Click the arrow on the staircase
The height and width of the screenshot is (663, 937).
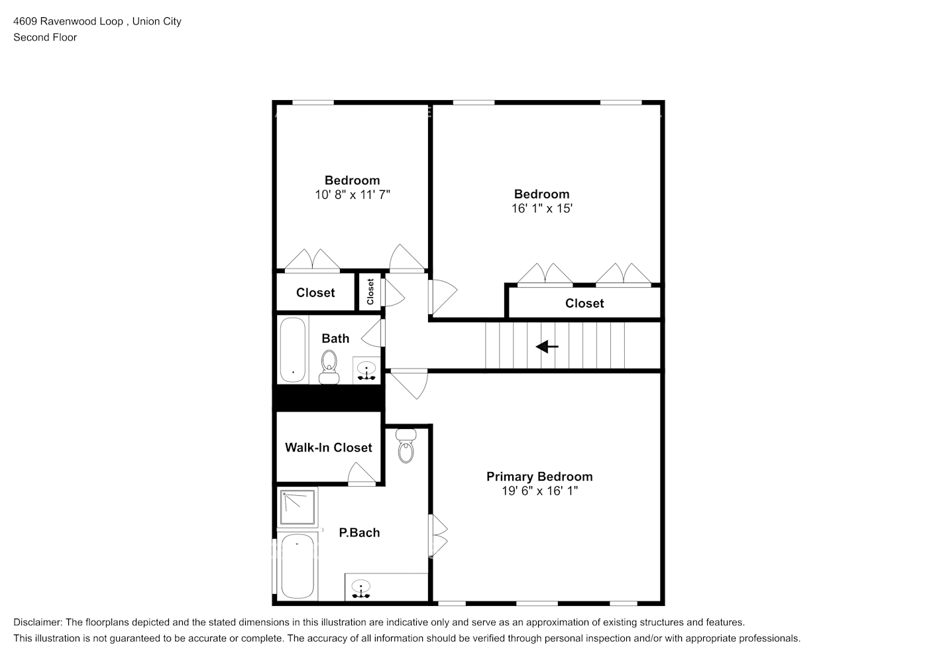point(547,346)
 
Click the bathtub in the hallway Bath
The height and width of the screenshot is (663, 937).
point(292,350)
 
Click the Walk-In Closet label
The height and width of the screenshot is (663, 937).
point(328,448)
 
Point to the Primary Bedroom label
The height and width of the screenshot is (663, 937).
point(539,477)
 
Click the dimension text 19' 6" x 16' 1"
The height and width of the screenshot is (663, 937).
point(540,491)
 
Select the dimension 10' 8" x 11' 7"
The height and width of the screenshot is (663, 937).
point(352,195)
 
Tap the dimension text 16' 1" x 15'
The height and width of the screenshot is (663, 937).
point(541,209)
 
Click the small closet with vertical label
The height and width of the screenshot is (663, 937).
point(370,292)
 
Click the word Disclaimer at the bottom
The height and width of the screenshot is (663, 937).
point(38,623)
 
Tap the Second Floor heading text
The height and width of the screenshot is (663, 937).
point(45,38)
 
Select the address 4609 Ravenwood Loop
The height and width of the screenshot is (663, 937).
point(68,21)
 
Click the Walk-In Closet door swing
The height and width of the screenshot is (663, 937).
point(361,473)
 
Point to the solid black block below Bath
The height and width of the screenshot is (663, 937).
point(329,398)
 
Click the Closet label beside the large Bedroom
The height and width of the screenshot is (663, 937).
point(584,304)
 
